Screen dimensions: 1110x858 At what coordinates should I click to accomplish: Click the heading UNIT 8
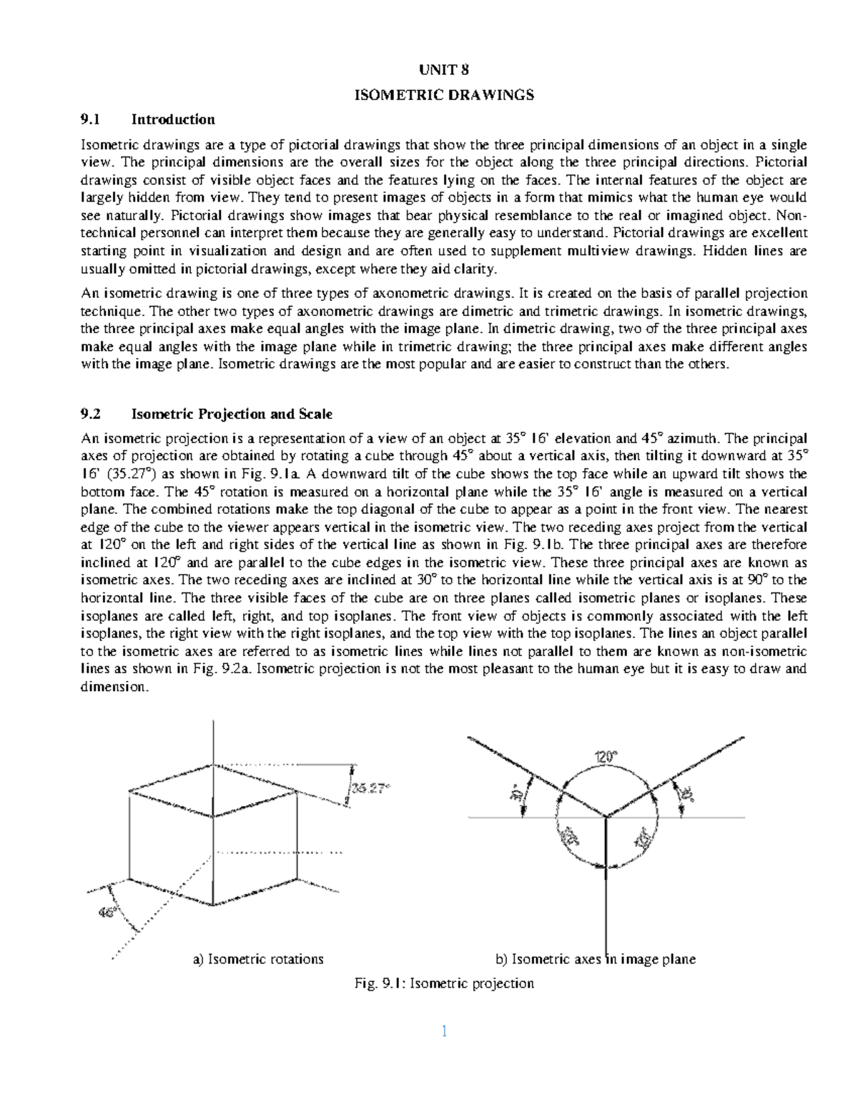pyautogui.click(x=445, y=70)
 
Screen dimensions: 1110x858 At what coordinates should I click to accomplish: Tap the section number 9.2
pyautogui.click(x=92, y=414)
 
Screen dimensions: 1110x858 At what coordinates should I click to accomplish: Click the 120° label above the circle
pyautogui.click(x=606, y=755)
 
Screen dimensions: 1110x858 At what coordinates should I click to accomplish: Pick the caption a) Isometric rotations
pyautogui.click(x=258, y=959)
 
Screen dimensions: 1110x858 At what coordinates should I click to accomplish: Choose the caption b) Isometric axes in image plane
pyautogui.click(x=596, y=959)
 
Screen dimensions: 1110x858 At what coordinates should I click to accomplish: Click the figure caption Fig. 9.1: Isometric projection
pyautogui.click(x=444, y=983)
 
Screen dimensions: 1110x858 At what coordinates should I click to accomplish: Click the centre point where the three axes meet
pyautogui.click(x=606, y=816)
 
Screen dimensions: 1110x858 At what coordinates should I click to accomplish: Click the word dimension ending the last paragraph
pyautogui.click(x=114, y=687)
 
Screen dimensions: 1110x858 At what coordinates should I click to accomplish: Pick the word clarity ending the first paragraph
pyautogui.click(x=472, y=269)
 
